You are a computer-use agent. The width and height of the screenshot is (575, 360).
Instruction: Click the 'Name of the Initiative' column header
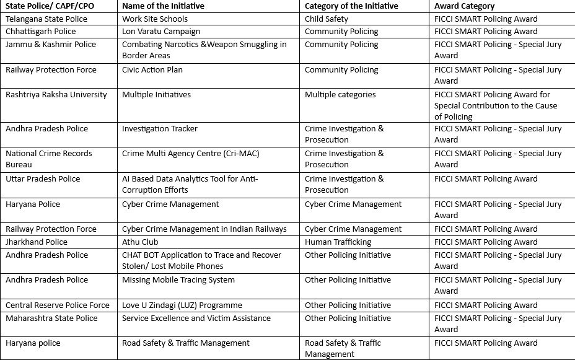tap(163, 6)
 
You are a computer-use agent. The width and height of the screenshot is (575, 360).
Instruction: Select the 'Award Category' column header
tap(465, 6)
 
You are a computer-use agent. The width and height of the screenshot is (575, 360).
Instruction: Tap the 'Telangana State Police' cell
tap(46, 19)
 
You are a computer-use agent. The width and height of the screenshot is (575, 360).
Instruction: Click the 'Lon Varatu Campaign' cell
tap(161, 31)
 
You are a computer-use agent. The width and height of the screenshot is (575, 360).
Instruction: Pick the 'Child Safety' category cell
tap(327, 19)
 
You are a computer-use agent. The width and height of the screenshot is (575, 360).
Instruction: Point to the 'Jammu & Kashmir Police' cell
tap(51, 45)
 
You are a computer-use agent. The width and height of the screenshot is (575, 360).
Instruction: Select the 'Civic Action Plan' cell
tap(152, 70)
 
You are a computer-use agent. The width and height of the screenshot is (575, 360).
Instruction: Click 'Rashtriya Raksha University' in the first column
tap(56, 95)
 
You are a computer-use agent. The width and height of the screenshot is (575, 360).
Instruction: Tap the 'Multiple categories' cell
tap(340, 95)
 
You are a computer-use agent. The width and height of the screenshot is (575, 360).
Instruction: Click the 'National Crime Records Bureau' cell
tap(49, 159)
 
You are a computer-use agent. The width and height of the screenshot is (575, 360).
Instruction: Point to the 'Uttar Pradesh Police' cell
tap(43, 179)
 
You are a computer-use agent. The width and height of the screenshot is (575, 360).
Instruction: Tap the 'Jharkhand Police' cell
tap(37, 242)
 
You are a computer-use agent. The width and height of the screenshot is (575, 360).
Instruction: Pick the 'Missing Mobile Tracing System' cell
tap(178, 280)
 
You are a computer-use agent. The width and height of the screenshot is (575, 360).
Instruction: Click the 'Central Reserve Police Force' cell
tap(58, 305)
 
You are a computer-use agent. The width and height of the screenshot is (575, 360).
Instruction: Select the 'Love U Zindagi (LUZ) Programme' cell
tap(182, 305)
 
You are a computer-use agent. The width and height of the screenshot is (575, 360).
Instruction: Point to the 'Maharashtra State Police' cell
tap(51, 318)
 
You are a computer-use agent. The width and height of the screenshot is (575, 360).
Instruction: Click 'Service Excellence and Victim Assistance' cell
tap(196, 318)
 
